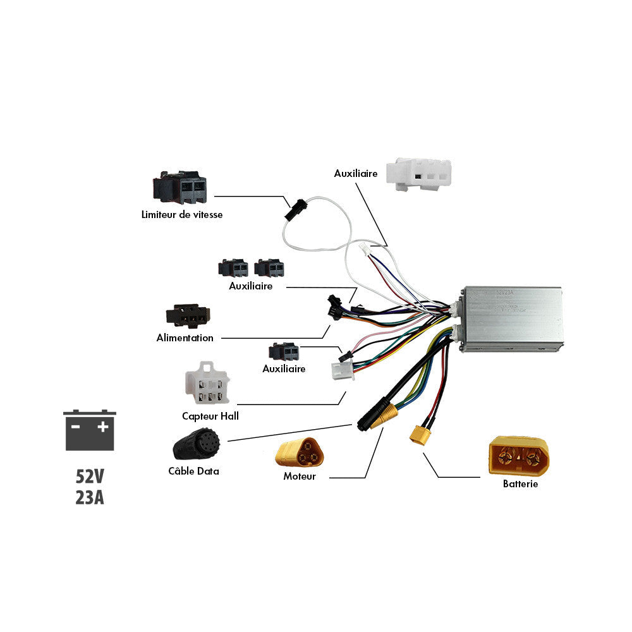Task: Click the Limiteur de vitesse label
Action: tap(181, 215)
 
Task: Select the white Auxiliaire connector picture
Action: tap(422, 174)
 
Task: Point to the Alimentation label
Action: tap(185, 338)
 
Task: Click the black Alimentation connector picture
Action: tap(187, 315)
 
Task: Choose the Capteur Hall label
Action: tap(210, 416)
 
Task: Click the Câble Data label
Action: tap(193, 471)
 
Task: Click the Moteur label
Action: tap(300, 477)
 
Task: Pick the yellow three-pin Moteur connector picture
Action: tap(299, 453)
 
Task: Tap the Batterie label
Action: tap(520, 484)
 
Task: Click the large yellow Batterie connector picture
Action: tap(519, 455)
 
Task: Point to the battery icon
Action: tap(90, 430)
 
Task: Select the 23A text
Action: tap(90, 497)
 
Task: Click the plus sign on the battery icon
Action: tap(103, 427)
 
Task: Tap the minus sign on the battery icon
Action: tap(75, 427)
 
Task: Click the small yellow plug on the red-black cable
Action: tap(418, 434)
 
